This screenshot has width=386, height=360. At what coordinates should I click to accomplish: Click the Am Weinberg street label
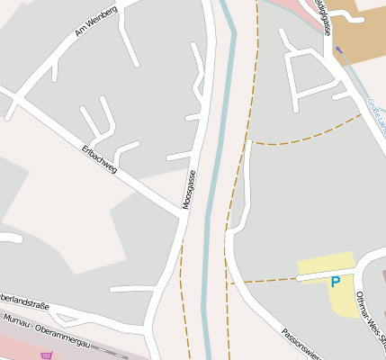pos(96,26)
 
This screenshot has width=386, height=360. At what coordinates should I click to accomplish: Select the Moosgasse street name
pos(189,188)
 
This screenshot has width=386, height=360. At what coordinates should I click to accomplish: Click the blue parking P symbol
pos(336,282)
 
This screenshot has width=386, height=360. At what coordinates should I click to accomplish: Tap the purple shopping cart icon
pos(46,355)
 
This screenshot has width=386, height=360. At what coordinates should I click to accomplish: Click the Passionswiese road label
pos(302,341)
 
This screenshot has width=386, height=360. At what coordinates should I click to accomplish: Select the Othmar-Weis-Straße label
pos(370,319)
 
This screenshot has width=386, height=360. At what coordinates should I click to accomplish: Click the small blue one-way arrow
pos(337,49)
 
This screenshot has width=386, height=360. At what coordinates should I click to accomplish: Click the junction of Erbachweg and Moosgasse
pos(183,214)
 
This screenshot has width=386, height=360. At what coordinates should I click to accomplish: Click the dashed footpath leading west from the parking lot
pos(261,281)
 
